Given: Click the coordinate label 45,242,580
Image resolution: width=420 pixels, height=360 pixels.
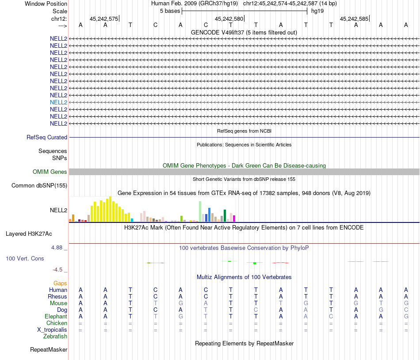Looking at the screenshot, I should [x=229, y=19].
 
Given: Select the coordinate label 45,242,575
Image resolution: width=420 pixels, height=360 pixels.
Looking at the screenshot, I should [x=103, y=19].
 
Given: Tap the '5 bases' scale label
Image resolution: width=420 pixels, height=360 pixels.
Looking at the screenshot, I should [x=170, y=11].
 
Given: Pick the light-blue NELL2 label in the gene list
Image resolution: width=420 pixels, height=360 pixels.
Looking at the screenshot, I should [x=58, y=102].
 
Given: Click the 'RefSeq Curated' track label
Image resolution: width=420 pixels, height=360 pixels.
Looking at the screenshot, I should [x=47, y=138].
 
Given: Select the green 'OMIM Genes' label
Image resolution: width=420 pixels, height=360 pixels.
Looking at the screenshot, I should [x=50, y=172].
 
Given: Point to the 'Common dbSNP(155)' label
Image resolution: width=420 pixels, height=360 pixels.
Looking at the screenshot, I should [x=39, y=186].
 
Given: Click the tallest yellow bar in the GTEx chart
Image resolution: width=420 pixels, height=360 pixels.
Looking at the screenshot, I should [x=110, y=209].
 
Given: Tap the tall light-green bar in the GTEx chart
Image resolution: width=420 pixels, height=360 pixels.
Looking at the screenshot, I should [x=200, y=211].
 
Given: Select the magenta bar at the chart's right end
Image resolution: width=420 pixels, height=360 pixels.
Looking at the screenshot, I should [x=234, y=218].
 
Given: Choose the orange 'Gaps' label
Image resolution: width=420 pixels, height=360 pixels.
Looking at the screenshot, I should [x=60, y=283].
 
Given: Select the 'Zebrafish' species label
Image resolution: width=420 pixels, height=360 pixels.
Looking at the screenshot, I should [x=55, y=337].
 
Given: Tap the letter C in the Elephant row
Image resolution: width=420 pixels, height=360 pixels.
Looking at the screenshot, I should [x=331, y=317].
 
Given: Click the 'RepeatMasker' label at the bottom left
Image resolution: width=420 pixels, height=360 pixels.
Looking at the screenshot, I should [x=49, y=350].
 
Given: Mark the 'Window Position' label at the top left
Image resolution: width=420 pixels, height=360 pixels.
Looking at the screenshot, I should [x=46, y=4].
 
